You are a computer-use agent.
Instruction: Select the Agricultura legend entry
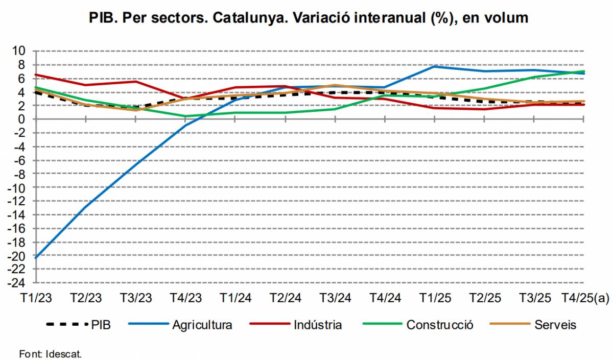(x=202, y=324)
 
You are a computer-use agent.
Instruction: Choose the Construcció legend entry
(x=440, y=324)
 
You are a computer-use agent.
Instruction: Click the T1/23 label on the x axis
(x=36, y=298)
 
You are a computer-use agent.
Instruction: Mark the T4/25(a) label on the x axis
(x=585, y=298)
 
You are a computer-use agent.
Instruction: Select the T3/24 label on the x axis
(x=335, y=298)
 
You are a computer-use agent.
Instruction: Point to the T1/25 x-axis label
(x=435, y=298)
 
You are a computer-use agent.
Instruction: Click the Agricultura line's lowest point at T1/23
(x=35, y=257)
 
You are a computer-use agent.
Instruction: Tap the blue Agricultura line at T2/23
(x=85, y=206)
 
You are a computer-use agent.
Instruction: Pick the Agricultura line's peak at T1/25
(x=434, y=66)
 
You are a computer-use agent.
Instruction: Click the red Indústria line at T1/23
(x=35, y=75)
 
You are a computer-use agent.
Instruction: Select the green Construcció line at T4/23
(x=185, y=116)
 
